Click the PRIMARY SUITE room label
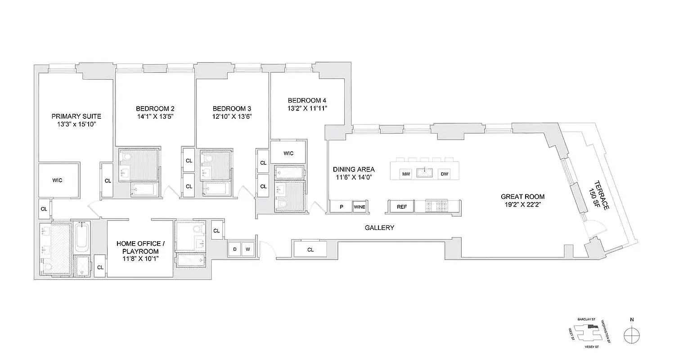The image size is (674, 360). pos(76,116)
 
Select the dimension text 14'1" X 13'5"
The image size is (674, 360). pos(155,116)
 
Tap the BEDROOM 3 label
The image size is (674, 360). pos(232,108)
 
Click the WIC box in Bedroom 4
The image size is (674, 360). pos(288,153)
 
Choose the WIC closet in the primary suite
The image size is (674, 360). pos(58,180)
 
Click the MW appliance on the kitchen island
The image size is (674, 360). pos(405,174)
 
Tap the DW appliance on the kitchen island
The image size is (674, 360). pos(444,174)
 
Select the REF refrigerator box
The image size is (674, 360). pos(402,207)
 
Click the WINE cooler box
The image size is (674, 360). pos(359,207)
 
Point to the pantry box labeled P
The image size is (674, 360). pos(341,207)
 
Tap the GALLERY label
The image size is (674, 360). pos(379,228)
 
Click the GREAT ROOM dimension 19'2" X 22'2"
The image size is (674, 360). pos(523,205)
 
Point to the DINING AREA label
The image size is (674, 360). pos(354,169)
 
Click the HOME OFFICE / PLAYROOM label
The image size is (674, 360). pos(140,247)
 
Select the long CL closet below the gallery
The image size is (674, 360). pos(310,249)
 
